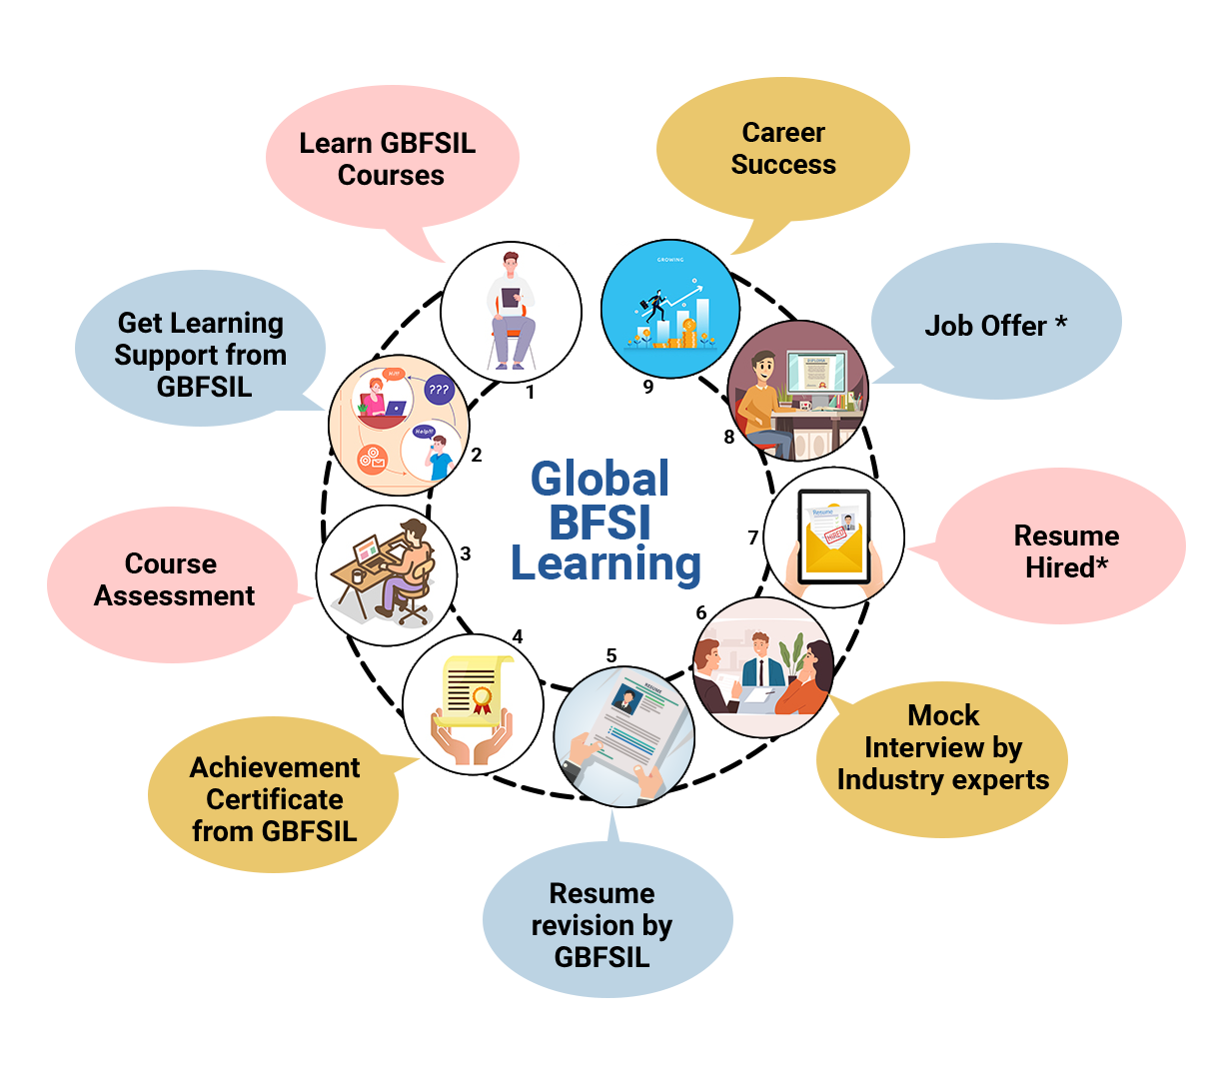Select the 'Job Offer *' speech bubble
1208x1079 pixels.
point(995,325)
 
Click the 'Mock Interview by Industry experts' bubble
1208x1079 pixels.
point(943,749)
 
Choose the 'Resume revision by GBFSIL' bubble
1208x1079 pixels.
point(603,924)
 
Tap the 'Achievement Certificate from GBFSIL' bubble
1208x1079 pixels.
point(274,798)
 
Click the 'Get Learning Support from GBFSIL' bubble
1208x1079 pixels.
point(201,354)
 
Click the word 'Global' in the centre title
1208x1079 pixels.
point(600,480)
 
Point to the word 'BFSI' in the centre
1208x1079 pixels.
point(600,523)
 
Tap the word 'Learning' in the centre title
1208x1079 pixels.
point(606,564)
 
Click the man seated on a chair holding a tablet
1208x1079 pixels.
point(511,310)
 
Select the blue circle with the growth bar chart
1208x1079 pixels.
point(670,309)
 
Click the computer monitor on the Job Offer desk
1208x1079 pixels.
point(814,374)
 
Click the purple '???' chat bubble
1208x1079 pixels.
point(439,390)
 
